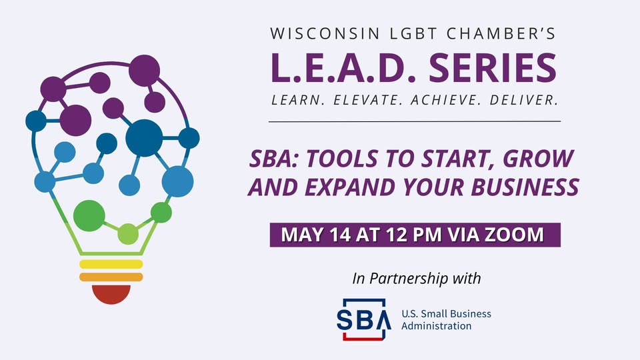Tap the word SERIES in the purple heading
(x=493, y=68)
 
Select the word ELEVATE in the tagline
(x=368, y=100)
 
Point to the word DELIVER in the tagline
(x=524, y=100)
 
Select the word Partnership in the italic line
(x=409, y=279)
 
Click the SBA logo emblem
(x=364, y=319)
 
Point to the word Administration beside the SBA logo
(x=436, y=326)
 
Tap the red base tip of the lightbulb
(x=111, y=294)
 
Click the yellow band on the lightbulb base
(x=111, y=264)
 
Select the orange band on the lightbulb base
(x=111, y=277)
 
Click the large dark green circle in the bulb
(x=89, y=216)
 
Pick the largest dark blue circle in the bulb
(x=144, y=138)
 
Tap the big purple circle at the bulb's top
(x=145, y=70)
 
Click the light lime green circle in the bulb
(x=128, y=234)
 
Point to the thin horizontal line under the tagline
(x=415, y=121)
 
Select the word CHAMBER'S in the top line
(x=501, y=33)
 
